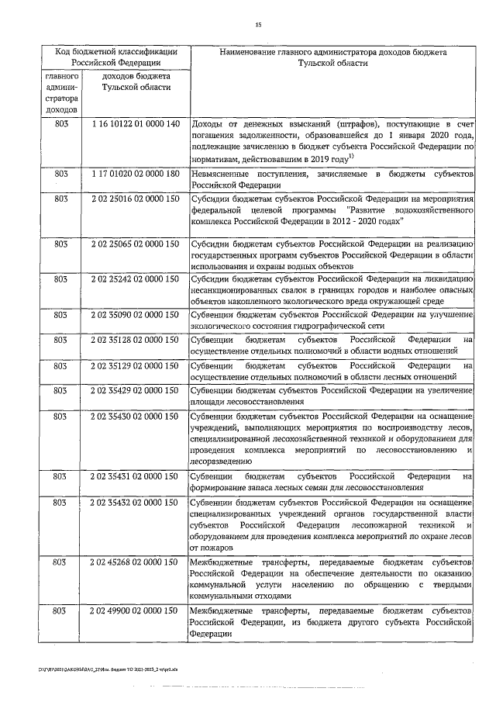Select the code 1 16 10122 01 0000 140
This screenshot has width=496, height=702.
coord(135,124)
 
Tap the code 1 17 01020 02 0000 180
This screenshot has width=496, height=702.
coord(135,174)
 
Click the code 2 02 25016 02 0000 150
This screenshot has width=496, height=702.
coord(135,199)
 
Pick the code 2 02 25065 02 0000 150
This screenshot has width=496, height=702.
coord(135,244)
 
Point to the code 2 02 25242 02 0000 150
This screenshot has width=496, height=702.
coord(135,278)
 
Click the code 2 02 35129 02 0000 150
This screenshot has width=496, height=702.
coord(135,365)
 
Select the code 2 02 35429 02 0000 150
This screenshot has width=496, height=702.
coord(135,390)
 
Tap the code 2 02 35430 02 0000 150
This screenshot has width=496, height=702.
coord(135,417)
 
